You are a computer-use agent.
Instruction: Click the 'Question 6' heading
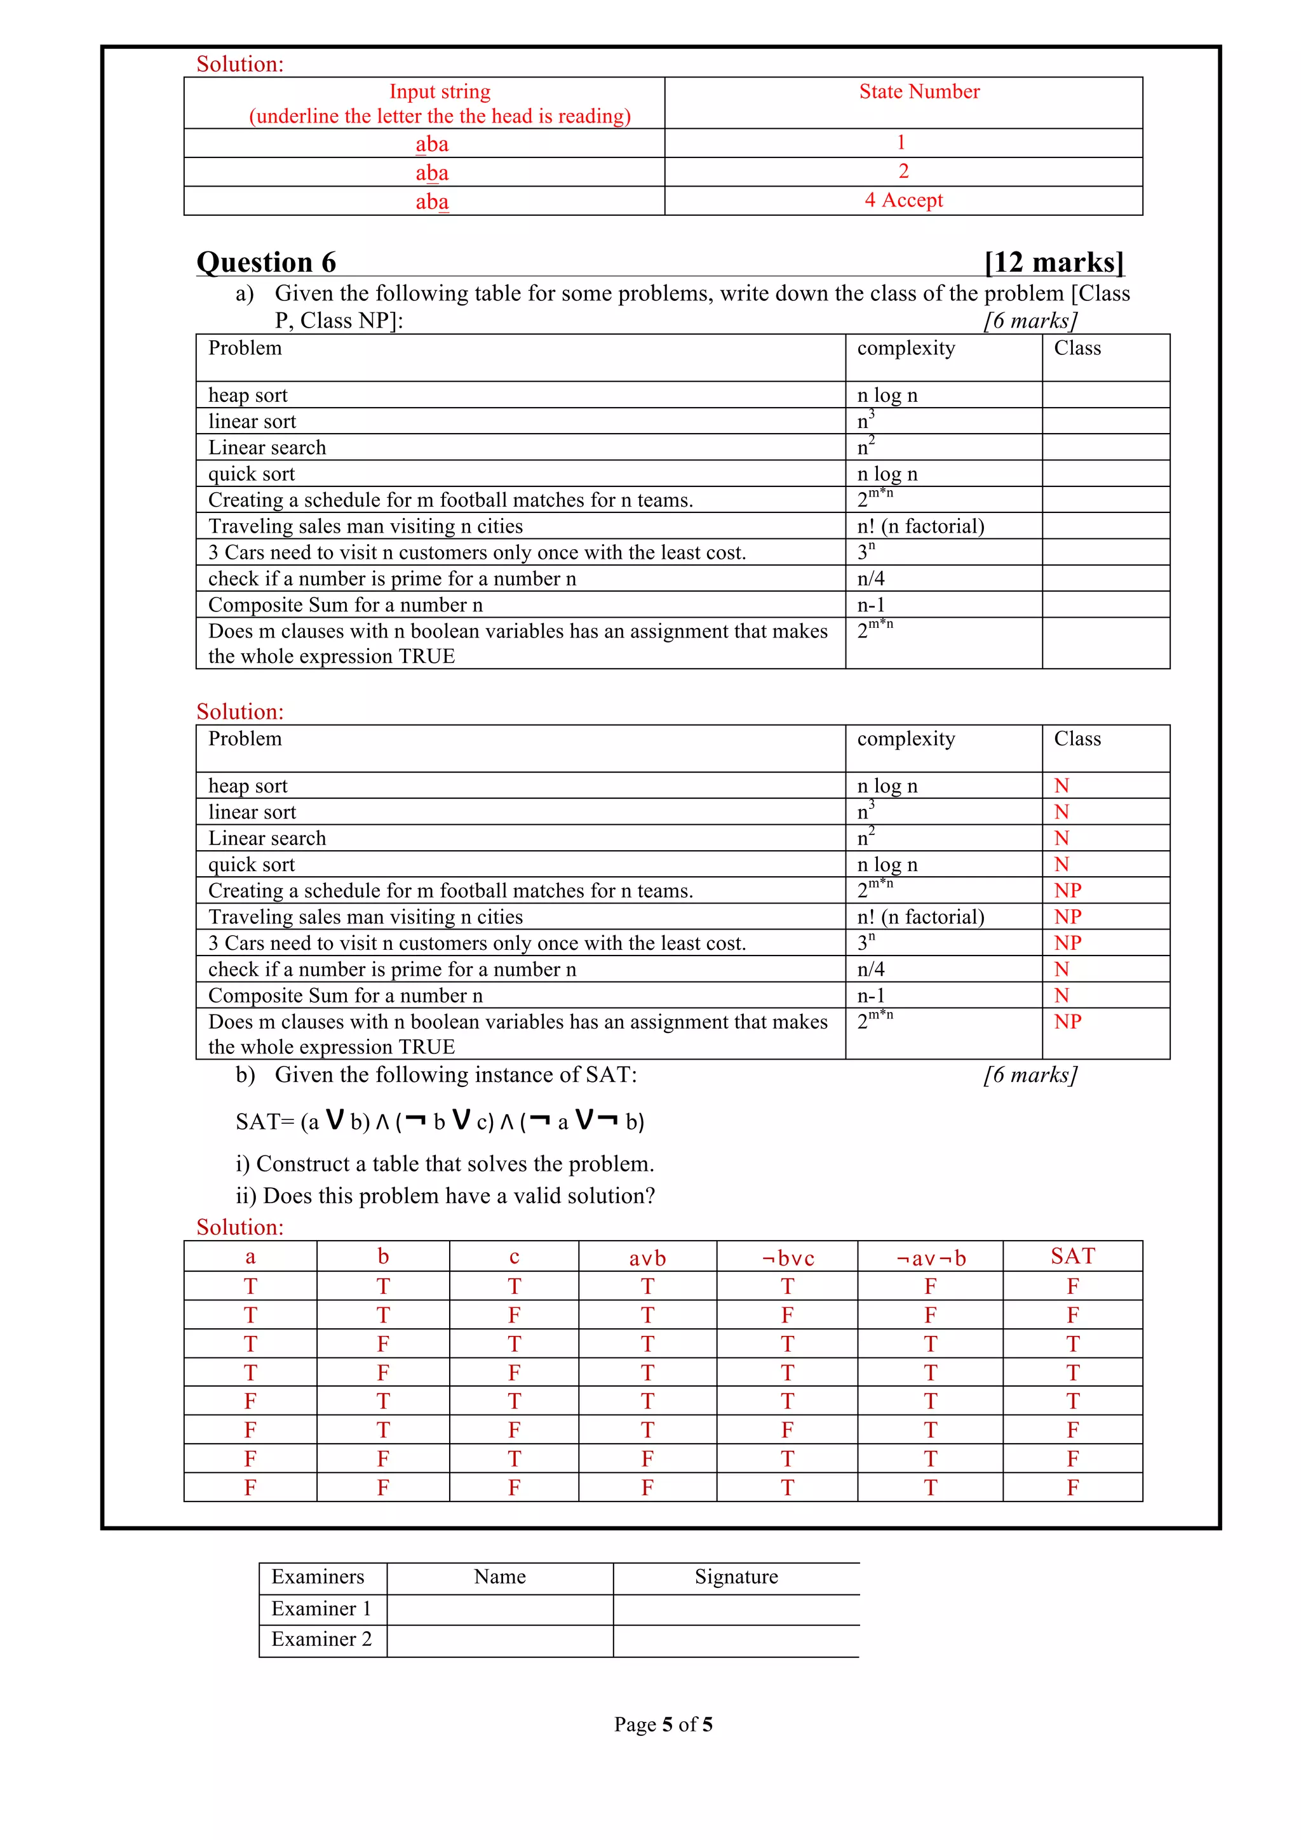coord(266,262)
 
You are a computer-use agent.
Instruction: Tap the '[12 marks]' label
coord(1053,262)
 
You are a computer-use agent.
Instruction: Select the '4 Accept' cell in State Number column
coord(903,201)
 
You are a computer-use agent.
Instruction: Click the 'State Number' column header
coord(919,91)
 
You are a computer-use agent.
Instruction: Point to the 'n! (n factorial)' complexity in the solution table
coord(920,917)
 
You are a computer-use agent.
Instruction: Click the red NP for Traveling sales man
coord(1067,917)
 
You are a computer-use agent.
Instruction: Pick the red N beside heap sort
coord(1062,786)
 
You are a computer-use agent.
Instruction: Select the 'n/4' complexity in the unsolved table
coord(870,578)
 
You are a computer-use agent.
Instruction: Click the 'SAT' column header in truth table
coord(1072,1257)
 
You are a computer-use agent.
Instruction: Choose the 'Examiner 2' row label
coord(321,1639)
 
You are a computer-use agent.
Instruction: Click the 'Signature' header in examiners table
coord(736,1577)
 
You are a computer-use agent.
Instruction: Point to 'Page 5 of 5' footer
coord(663,1724)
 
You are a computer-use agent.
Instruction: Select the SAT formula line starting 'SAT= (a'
coord(439,1121)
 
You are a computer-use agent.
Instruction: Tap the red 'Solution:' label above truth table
coord(239,1227)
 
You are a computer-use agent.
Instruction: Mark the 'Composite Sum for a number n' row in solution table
coord(346,996)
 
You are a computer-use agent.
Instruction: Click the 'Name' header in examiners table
coord(499,1577)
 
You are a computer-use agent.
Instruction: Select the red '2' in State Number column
coord(903,171)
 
